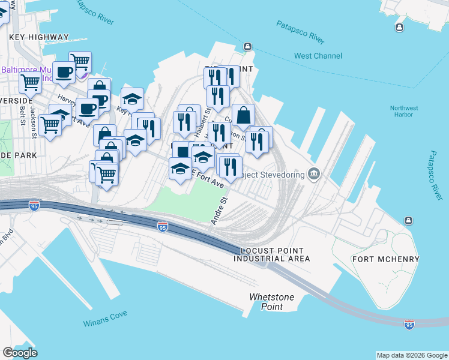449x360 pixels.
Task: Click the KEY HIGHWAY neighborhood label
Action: pos(39,37)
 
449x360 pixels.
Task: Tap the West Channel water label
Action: pos(318,56)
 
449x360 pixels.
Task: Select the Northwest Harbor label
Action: pos(404,112)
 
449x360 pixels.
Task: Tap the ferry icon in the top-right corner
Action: pos(399,27)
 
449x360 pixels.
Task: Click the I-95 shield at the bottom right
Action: pos(409,325)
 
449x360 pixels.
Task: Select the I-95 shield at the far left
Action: pos(34,206)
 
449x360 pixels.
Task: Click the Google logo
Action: pos(20,353)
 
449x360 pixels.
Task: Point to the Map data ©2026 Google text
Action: pos(411,355)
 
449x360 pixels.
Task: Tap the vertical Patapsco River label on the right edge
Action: pos(438,175)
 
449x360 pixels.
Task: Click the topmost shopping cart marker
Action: pos(80,61)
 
